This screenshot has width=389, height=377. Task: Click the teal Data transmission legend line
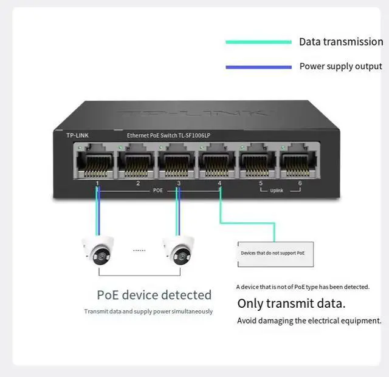click(258, 42)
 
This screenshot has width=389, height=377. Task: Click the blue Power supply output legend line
click(258, 67)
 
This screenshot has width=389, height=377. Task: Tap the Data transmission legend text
click(340, 42)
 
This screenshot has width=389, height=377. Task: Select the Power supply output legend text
click(340, 66)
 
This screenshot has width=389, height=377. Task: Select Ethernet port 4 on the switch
click(218, 162)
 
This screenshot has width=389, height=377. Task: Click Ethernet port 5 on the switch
click(258, 162)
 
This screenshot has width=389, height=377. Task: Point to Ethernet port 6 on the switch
click(298, 162)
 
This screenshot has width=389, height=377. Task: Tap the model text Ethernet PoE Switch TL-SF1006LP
click(172, 135)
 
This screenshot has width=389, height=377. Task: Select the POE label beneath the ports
click(157, 190)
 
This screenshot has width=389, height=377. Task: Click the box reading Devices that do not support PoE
click(275, 253)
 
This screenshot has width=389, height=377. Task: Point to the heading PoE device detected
click(154, 295)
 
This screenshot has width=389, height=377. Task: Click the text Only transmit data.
click(291, 304)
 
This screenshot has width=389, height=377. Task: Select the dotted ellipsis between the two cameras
click(139, 250)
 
